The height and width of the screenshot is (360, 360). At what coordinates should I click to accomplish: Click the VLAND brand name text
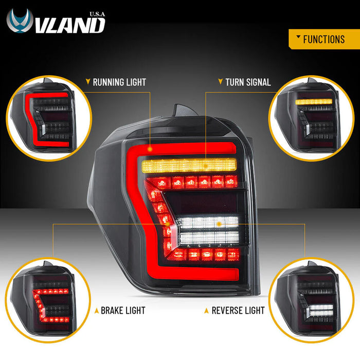point(70,25)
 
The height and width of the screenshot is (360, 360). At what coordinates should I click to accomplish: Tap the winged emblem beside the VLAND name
point(20,21)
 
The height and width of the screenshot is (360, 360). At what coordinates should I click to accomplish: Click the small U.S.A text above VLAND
point(97,14)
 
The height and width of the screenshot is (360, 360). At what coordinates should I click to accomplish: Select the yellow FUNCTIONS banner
point(324,39)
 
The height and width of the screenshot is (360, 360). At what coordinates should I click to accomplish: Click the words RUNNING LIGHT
point(119,82)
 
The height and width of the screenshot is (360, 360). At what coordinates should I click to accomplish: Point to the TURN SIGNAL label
point(248,82)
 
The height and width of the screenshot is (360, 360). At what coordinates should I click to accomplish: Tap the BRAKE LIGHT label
point(123,311)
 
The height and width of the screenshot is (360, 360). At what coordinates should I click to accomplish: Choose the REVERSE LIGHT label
point(238,311)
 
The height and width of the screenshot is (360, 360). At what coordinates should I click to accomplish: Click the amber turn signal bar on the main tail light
point(189,165)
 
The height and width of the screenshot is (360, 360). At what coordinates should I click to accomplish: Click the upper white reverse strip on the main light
point(208,223)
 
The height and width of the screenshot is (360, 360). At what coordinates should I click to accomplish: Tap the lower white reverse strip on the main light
point(209,238)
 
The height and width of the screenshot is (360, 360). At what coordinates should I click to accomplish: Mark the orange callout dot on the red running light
point(150,149)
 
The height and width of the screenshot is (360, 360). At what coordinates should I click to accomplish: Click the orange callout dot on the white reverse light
point(219,224)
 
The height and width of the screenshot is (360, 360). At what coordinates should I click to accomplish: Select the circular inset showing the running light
point(49,118)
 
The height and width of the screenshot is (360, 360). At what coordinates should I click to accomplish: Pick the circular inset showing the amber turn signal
point(311,118)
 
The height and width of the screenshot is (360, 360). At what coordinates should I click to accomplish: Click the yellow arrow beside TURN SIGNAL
point(221,81)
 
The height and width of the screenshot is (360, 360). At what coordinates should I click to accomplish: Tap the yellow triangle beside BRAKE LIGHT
point(97,311)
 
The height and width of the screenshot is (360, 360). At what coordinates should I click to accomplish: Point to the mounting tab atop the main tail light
point(185,110)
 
